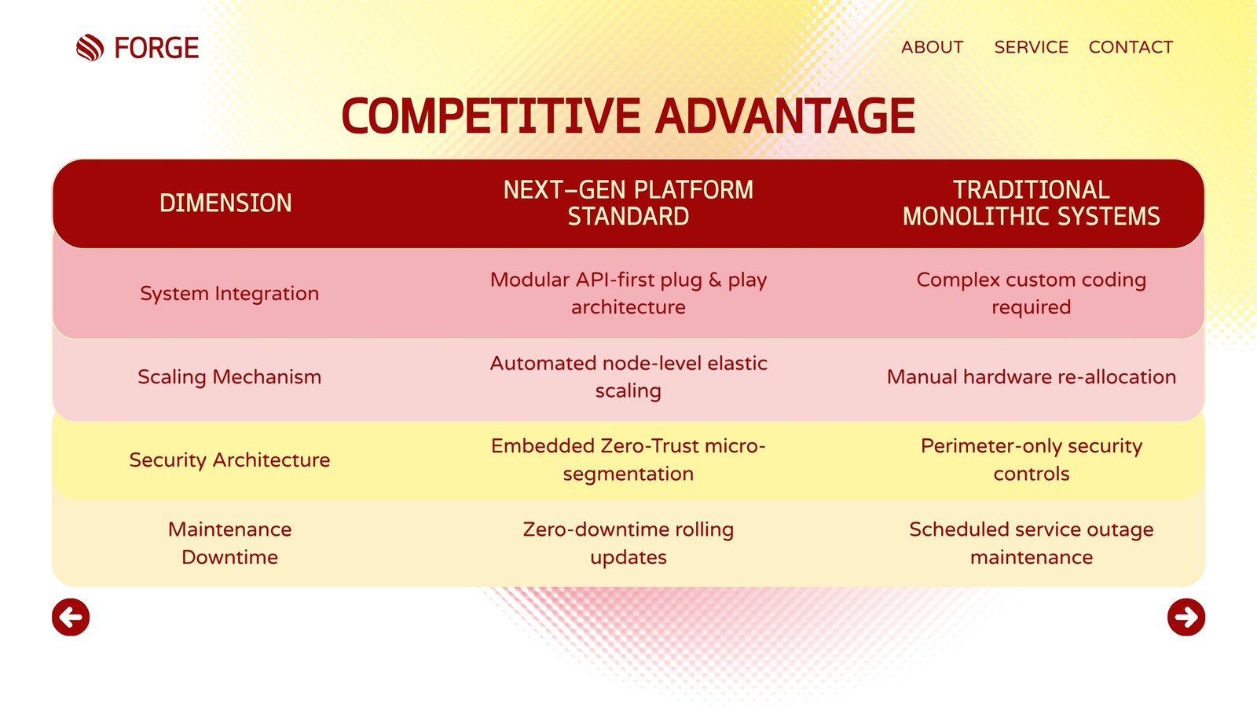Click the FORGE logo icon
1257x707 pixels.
click(90, 47)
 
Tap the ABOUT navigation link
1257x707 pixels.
click(932, 47)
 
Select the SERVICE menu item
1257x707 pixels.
click(1031, 47)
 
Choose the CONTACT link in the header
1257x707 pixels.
click(1131, 47)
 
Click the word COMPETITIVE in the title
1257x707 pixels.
click(491, 116)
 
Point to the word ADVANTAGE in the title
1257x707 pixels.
click(785, 116)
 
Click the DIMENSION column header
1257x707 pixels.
click(225, 203)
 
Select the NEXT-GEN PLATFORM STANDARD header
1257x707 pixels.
click(628, 203)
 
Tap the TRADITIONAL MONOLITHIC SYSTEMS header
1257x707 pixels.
click(1031, 203)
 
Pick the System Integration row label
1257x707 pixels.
click(229, 294)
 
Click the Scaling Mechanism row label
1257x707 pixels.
click(229, 377)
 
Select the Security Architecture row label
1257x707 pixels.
click(229, 460)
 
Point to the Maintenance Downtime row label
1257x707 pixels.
click(229, 543)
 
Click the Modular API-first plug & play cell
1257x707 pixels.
click(628, 294)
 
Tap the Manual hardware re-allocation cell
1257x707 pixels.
click(1031, 377)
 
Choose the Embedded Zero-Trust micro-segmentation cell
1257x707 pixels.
click(628, 460)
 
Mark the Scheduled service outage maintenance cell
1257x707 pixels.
click(1031, 543)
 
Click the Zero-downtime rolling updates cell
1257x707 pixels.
click(628, 543)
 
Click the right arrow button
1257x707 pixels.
click(1186, 617)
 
